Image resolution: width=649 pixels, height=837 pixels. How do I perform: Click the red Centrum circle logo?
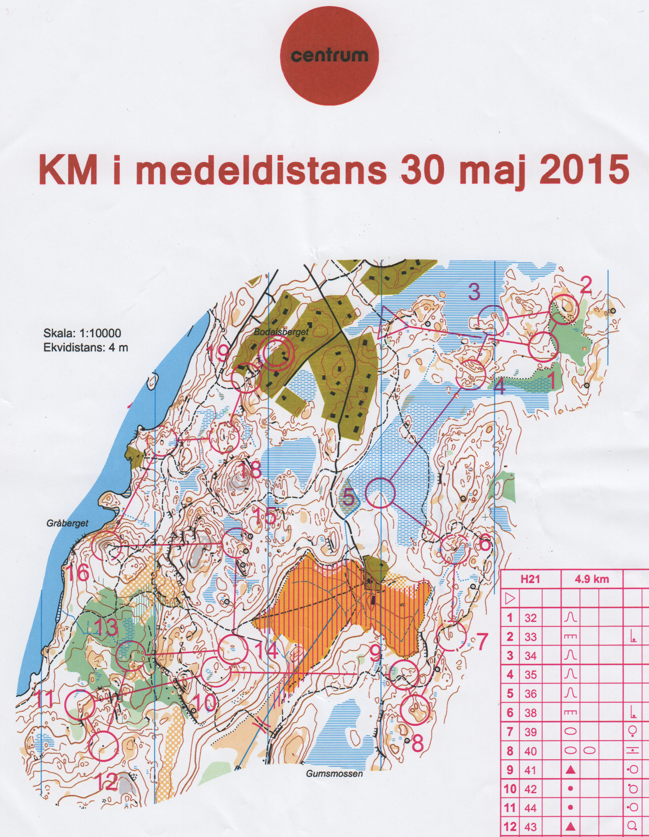329,56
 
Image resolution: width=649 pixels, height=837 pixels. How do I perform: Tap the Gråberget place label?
67,523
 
